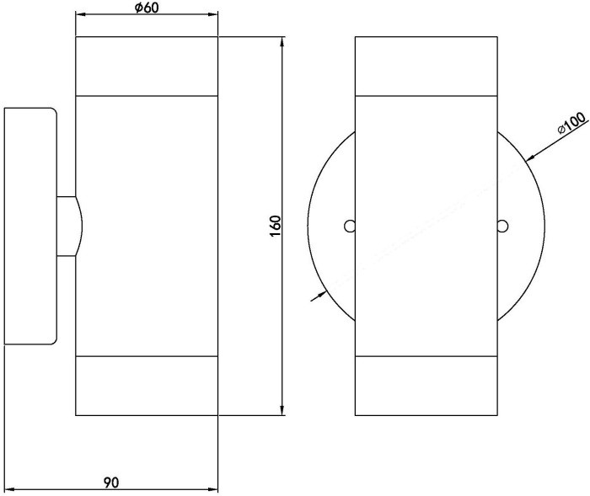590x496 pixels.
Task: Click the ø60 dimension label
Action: click(147, 8)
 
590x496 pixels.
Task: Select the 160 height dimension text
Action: click(274, 226)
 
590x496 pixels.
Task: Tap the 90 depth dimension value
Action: click(110, 483)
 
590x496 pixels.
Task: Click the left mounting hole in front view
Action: click(349, 226)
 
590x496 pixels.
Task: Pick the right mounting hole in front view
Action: click(501, 226)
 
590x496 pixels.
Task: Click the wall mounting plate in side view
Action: click(30, 226)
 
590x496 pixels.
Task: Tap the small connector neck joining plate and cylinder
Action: click(67, 226)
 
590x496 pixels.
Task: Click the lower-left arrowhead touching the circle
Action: click(320, 294)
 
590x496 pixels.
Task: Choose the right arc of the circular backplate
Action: click(536, 226)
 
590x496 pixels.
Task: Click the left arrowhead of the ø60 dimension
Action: click(81, 15)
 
